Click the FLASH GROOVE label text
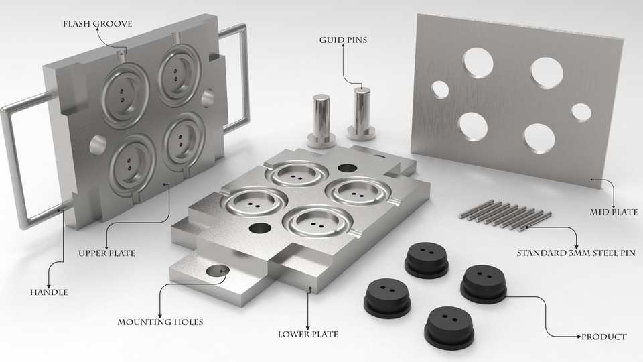[x=97, y=24]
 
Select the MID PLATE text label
[x=613, y=213]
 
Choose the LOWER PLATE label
[x=307, y=334]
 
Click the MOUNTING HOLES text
[x=160, y=322]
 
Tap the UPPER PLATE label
[x=106, y=253]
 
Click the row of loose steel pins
[x=506, y=214]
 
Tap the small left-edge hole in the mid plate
[x=440, y=88]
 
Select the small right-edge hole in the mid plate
[x=581, y=112]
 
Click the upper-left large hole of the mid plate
[x=477, y=63]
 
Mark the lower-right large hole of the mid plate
[x=539, y=138]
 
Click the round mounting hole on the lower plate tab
[x=217, y=271]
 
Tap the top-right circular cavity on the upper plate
[x=180, y=75]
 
